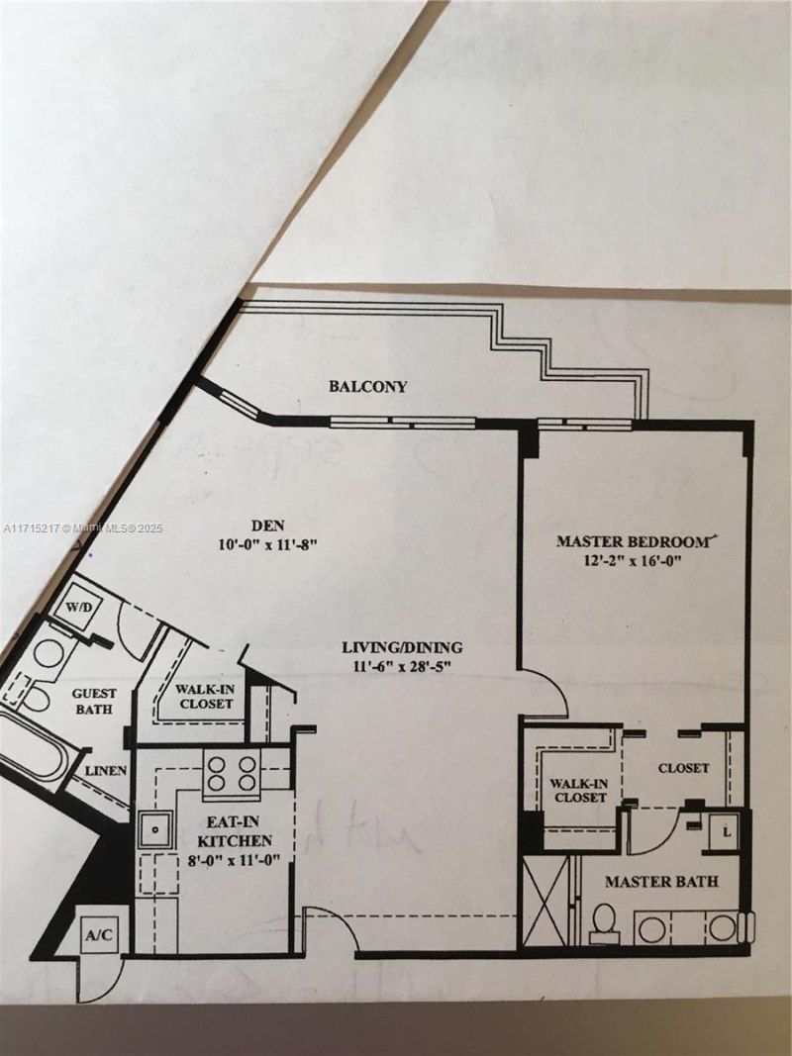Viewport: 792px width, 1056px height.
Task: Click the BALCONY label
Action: [367, 387]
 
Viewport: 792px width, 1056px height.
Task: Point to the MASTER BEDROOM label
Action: [634, 541]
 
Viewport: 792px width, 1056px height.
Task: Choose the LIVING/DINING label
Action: [402, 648]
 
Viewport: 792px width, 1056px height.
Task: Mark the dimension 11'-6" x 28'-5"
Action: [403, 666]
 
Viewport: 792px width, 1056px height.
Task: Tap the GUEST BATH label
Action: [93, 702]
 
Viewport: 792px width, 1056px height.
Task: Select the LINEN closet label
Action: [104, 770]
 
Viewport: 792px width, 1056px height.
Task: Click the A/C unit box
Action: [97, 934]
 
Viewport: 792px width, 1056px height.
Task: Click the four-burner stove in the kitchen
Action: [231, 772]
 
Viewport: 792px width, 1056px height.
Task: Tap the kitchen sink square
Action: [154, 829]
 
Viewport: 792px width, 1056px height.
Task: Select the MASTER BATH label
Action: [661, 881]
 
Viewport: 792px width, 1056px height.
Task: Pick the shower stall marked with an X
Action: [545, 901]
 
